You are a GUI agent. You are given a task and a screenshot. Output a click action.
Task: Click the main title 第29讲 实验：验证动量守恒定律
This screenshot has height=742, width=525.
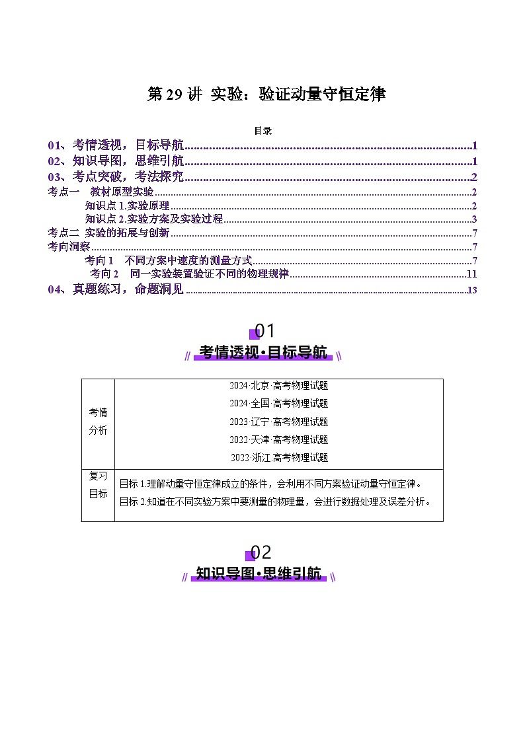[265, 94]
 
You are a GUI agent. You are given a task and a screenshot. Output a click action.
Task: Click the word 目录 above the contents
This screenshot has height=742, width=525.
[262, 131]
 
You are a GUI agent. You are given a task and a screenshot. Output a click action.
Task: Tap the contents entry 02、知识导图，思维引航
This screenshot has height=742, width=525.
[116, 161]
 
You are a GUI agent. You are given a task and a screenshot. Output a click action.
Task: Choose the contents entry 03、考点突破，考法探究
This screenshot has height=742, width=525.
[116, 176]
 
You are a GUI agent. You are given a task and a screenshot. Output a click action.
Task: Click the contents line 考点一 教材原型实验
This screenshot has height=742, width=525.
[101, 192]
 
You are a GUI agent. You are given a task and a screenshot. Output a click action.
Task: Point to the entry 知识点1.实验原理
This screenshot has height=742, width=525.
[127, 205]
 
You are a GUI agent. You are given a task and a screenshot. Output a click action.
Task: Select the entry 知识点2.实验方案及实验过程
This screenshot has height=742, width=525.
[154, 219]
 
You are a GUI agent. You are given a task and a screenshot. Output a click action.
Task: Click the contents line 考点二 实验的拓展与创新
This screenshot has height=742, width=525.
[108, 233]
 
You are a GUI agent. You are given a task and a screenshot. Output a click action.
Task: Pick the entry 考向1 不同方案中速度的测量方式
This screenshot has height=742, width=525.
[168, 260]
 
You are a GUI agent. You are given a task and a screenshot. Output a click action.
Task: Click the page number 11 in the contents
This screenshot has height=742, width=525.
[471, 274]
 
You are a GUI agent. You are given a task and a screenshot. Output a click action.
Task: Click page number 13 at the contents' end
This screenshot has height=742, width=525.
[471, 290]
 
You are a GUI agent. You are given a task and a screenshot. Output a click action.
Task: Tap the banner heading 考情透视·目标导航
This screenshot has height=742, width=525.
[262, 353]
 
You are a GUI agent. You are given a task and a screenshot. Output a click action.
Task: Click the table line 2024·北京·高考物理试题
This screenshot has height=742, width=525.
[278, 386]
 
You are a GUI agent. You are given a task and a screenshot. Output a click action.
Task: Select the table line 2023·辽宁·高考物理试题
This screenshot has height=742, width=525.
[278, 422]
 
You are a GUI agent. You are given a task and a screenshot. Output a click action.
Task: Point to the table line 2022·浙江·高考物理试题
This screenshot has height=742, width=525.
[278, 457]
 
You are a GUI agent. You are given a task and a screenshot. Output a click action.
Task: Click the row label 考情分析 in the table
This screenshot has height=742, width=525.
[98, 421]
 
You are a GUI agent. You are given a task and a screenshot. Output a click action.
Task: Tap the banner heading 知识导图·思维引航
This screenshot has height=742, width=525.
[259, 574]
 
